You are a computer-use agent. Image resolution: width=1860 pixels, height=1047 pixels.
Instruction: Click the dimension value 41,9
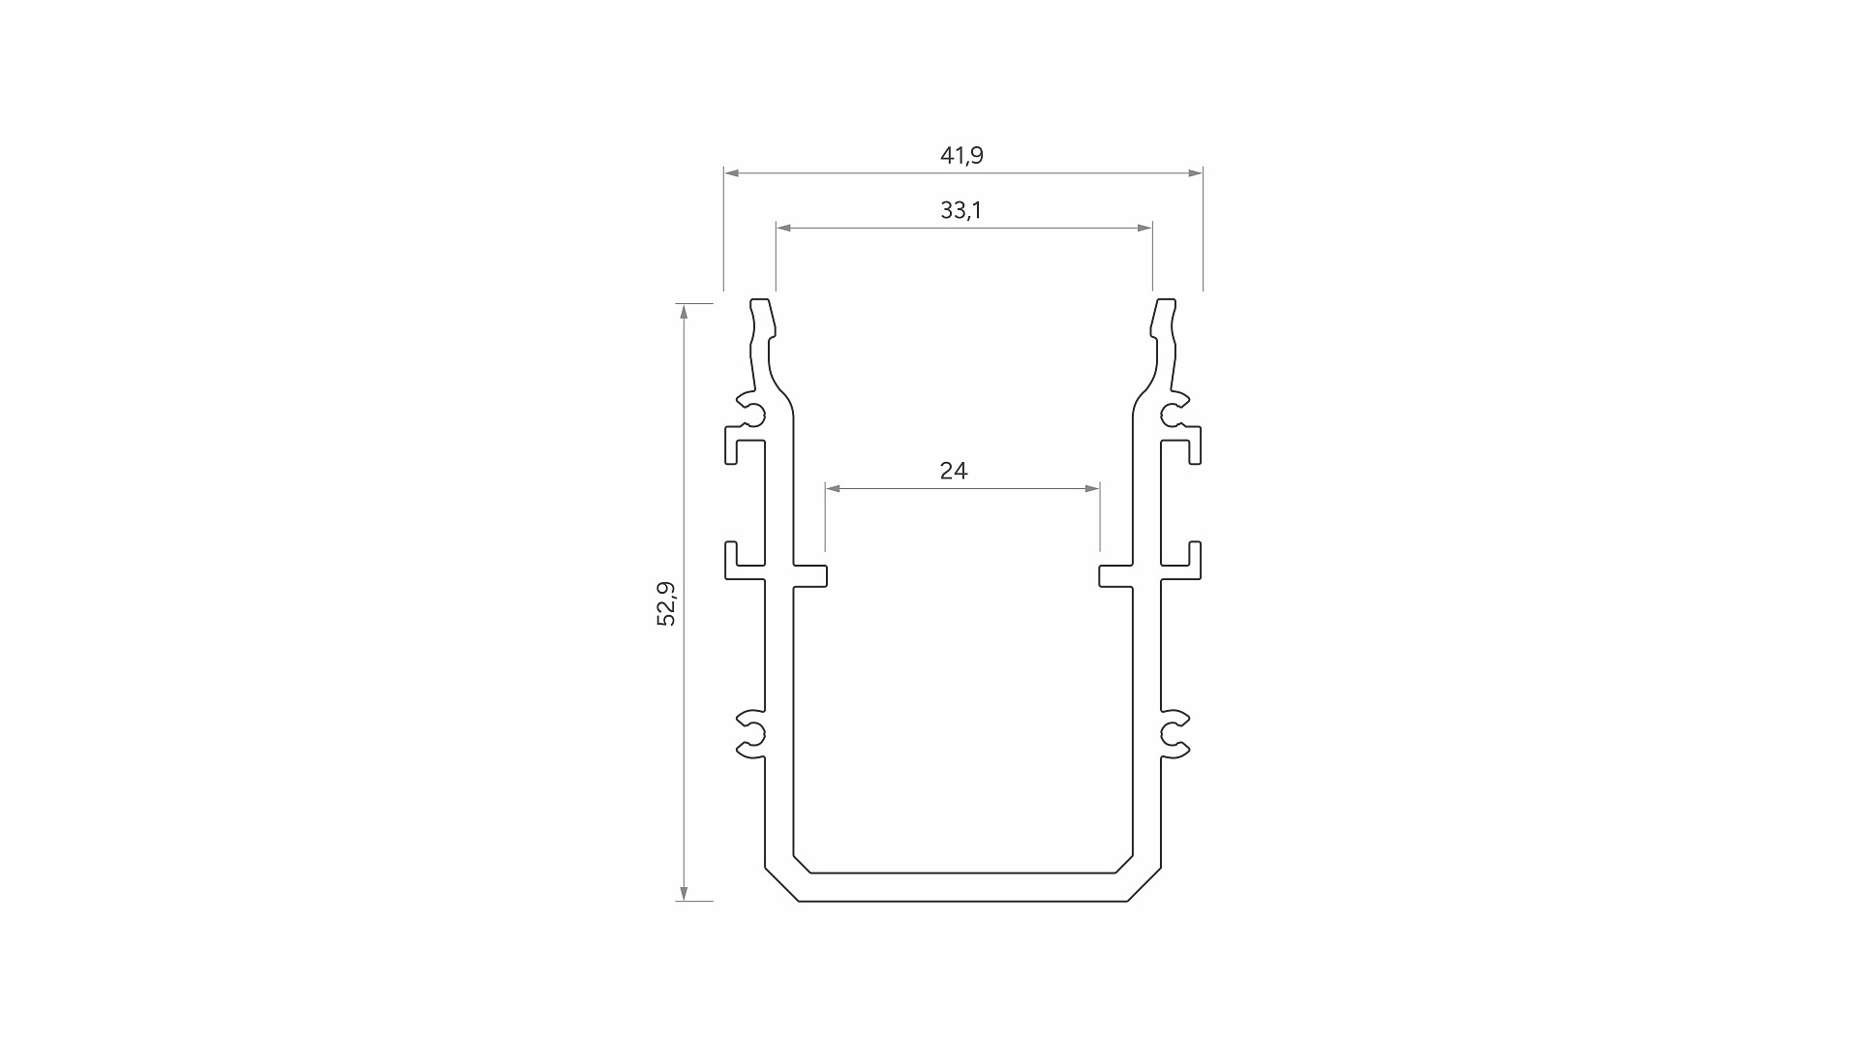[x=961, y=155]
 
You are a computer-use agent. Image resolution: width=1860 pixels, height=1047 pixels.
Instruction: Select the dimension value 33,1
[x=960, y=210]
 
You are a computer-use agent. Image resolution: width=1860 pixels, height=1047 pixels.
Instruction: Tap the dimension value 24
[x=954, y=471]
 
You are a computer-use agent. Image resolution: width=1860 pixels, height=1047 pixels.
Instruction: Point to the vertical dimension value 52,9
[x=666, y=603]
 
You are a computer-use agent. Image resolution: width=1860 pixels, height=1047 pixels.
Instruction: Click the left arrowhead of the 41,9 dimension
[x=732, y=173]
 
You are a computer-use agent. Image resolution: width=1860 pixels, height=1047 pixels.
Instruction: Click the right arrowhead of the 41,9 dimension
[x=1195, y=173]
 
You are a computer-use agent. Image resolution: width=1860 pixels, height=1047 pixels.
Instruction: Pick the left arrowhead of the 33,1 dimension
[x=784, y=228]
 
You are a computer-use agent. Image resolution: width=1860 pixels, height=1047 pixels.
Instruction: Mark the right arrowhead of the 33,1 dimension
[x=1144, y=228]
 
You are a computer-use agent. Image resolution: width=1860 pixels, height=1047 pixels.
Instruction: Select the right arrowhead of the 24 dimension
[x=1091, y=489]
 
